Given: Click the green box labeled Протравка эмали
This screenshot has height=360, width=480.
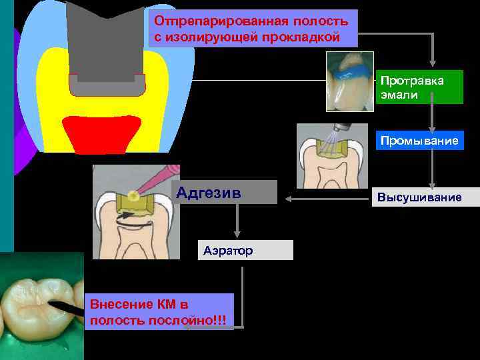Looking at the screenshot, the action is [x=419, y=87].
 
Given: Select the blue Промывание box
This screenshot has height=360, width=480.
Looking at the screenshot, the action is [x=419, y=141].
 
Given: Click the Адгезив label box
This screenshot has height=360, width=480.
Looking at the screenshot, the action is [x=224, y=193].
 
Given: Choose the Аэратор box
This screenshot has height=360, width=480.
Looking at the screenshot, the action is [x=245, y=250].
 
